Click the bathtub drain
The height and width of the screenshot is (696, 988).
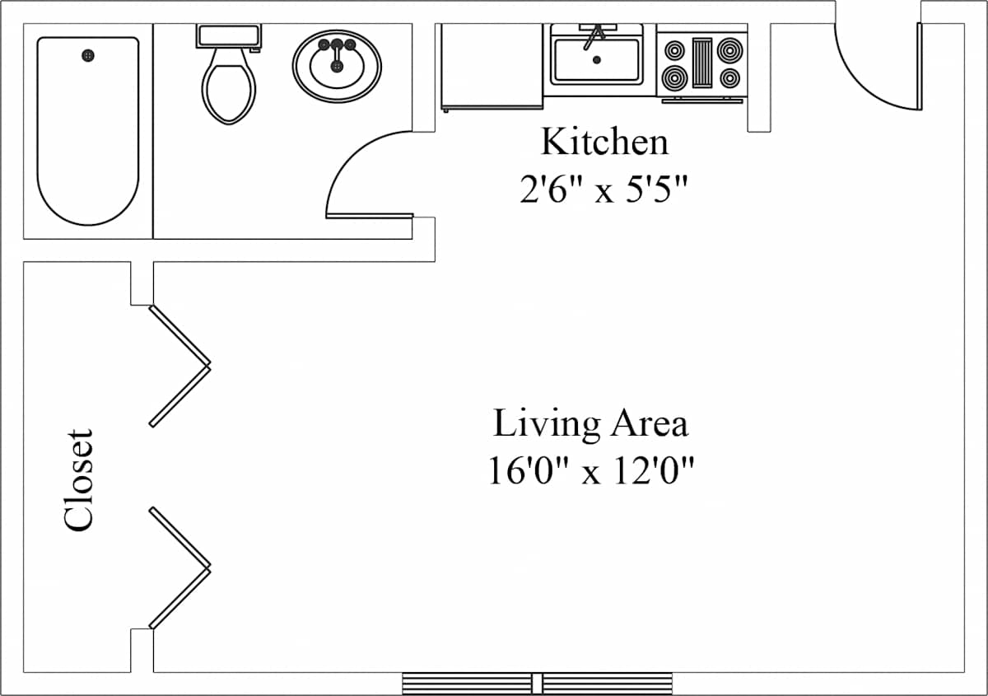click(88, 56)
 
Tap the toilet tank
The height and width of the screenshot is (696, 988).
click(229, 35)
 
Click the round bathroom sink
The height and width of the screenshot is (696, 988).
click(337, 66)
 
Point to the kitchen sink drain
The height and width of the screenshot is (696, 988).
click(597, 60)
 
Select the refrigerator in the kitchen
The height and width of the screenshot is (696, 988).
click(492, 66)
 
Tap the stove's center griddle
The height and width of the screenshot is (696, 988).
click(701, 63)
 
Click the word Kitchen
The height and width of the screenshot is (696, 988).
click(604, 142)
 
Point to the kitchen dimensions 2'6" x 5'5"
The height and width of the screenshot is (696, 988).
click(604, 189)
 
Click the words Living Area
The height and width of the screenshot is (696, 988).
click(590, 423)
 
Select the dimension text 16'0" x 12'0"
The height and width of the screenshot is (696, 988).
click(591, 471)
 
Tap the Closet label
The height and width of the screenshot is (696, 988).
click(78, 479)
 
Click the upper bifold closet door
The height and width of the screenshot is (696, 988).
click(180, 366)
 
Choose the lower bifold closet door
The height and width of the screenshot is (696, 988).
click(180, 568)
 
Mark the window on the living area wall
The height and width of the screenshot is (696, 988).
click(537, 684)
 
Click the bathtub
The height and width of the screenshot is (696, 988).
click(88, 131)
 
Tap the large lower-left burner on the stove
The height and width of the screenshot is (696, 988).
click(674, 78)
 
